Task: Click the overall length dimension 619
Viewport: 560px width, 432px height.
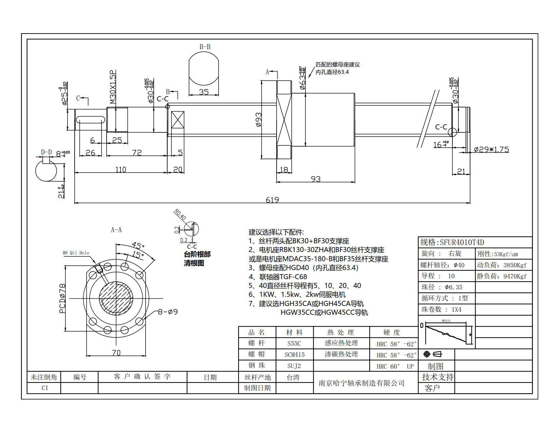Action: (x=272, y=200)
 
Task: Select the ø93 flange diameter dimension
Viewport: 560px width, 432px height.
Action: (x=259, y=120)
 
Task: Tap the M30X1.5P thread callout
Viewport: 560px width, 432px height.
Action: (x=113, y=87)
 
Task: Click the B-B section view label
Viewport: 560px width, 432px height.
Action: (x=205, y=47)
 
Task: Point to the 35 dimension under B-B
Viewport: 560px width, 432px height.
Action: (x=204, y=92)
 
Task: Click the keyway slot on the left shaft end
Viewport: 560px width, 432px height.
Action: (x=90, y=120)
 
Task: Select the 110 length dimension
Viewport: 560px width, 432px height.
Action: (x=120, y=169)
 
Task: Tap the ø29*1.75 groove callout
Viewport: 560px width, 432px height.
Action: (x=491, y=149)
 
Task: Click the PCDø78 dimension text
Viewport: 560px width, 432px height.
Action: (x=62, y=299)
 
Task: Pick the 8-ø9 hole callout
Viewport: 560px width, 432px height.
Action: (x=168, y=312)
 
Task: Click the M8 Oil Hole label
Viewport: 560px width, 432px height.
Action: (x=76, y=253)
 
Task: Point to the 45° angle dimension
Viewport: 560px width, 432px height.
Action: (x=138, y=245)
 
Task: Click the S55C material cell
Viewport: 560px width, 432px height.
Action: (x=294, y=343)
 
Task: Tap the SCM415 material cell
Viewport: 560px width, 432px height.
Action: (x=294, y=355)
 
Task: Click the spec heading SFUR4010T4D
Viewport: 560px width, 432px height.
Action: (x=452, y=242)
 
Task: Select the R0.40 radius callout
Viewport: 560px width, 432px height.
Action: (x=180, y=214)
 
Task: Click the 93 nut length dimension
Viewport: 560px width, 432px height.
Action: (x=316, y=179)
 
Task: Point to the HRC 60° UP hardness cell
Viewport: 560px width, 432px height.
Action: (x=395, y=366)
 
